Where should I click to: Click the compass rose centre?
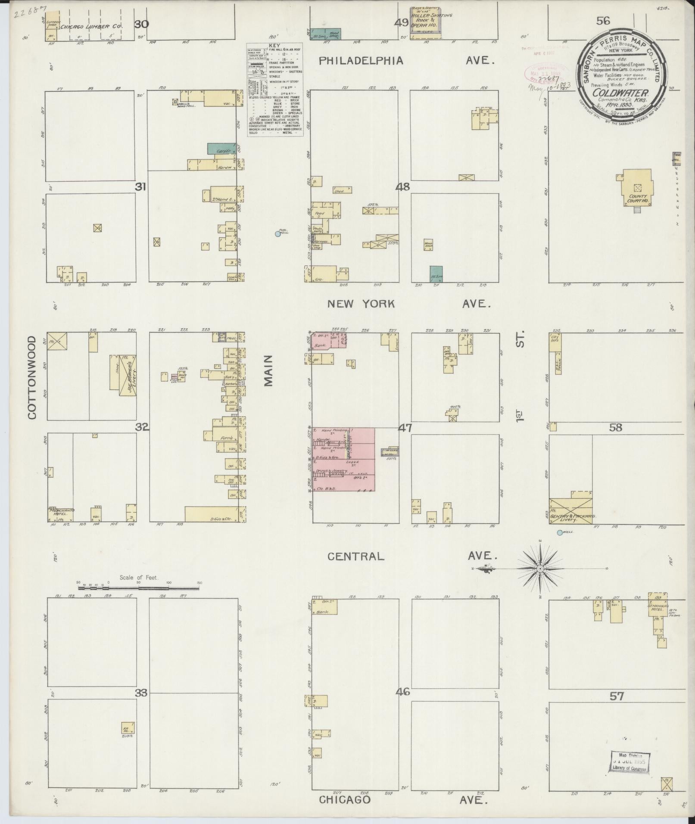pos(540,569)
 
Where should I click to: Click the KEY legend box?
pos(275,90)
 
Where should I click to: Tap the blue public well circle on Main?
pos(278,234)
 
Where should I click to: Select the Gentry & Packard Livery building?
pos(570,511)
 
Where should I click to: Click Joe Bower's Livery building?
pos(128,373)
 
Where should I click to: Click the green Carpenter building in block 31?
pos(221,149)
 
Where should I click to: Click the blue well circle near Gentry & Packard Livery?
pos(559,533)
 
